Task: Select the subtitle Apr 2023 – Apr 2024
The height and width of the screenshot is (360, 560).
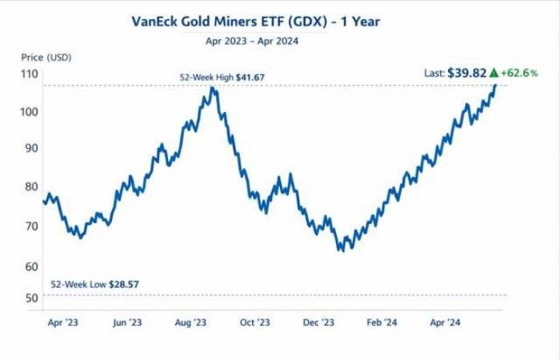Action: [x=251, y=41]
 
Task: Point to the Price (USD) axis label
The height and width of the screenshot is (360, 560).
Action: [x=45, y=58]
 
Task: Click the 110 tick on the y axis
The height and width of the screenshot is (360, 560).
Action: [x=30, y=74]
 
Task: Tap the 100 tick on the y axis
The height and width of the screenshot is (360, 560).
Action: [x=30, y=111]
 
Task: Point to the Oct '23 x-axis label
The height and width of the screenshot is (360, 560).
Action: [x=254, y=322]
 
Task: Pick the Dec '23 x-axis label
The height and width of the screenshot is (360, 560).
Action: [x=318, y=322]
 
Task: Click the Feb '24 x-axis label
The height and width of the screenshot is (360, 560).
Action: [x=381, y=322]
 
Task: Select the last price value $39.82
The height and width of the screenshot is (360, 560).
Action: [x=466, y=73]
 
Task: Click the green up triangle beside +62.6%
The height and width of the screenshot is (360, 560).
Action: [x=494, y=73]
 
